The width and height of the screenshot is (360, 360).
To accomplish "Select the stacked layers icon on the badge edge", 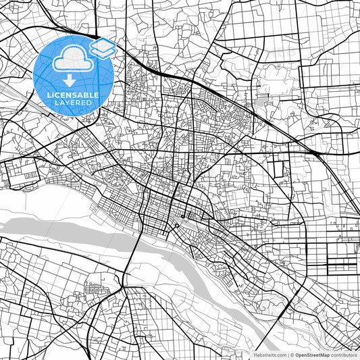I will (x=102, y=47).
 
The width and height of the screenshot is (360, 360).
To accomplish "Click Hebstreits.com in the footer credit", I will (x=269, y=355).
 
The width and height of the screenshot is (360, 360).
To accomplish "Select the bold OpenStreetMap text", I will (x=312, y=355).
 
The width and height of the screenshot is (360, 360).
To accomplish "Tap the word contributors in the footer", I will (x=344, y=355).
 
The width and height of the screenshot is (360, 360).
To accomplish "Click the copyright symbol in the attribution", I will (x=291, y=355).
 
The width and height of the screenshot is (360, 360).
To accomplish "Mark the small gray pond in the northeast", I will (x=261, y=103).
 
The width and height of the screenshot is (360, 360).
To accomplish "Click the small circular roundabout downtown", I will (x=176, y=226).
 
